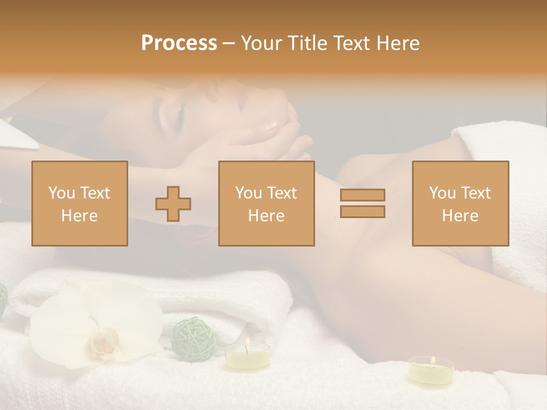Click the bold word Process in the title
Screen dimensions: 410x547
(x=179, y=43)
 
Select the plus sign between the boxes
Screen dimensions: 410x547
(x=174, y=204)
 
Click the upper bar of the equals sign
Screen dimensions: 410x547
(x=362, y=195)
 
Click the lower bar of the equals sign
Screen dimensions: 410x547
(x=362, y=212)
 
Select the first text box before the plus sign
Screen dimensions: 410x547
(x=80, y=203)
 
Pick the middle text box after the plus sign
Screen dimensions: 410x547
(x=267, y=203)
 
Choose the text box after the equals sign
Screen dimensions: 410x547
(x=460, y=203)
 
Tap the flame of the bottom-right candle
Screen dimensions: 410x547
(x=432, y=360)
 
